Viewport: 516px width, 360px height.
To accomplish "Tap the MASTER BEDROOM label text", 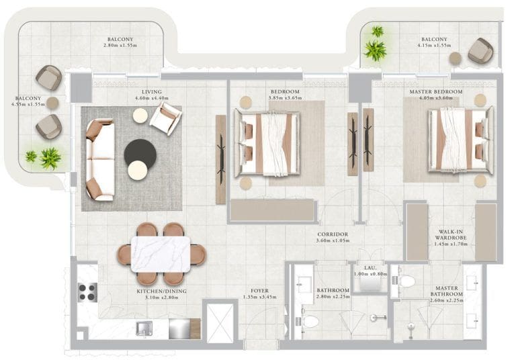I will tap(435, 91).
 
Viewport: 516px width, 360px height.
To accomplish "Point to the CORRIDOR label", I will tap(332, 235).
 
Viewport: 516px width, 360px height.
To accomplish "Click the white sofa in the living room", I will tap(99, 160).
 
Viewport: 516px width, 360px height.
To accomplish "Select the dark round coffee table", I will tap(140, 154).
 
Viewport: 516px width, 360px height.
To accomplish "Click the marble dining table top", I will tap(160, 254).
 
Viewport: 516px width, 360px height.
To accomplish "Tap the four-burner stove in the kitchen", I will tap(87, 291).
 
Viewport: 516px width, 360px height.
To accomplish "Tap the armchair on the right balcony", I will tap(480, 51).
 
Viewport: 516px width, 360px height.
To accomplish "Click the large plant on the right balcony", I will tap(374, 49).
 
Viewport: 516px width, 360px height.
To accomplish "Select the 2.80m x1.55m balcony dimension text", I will tap(120, 45).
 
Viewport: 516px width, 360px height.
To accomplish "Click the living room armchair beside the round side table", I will tap(165, 119).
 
